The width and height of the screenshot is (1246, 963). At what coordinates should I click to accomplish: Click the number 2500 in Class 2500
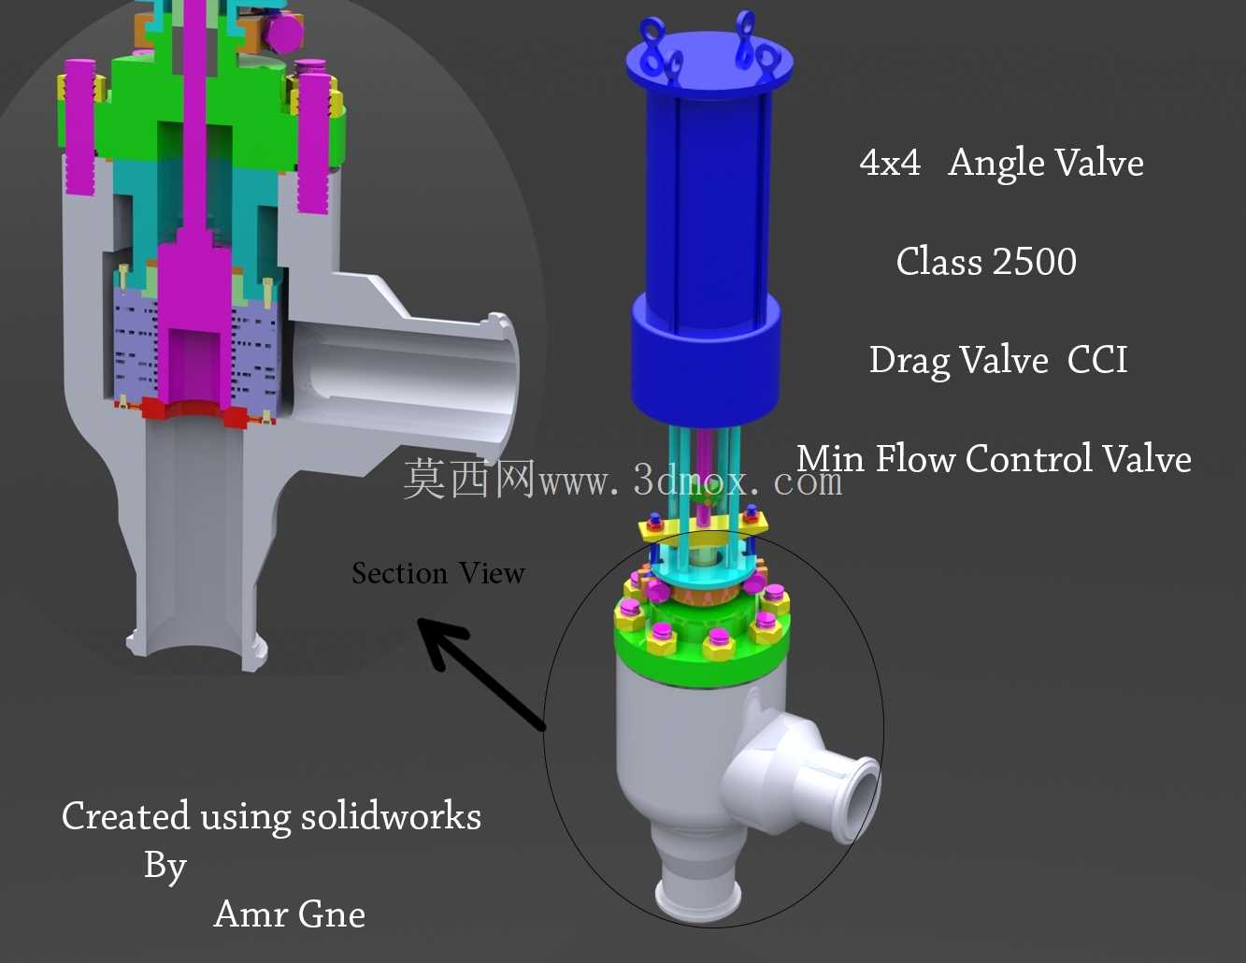tap(1034, 262)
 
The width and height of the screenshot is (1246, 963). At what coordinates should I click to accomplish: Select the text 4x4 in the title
tap(890, 163)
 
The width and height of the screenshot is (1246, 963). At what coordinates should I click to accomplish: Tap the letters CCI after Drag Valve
tap(1097, 360)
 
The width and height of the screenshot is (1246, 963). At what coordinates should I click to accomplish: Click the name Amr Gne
tap(290, 913)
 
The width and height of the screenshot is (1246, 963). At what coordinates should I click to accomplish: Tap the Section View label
tap(438, 573)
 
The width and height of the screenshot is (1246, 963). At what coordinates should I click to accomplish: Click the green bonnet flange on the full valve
tap(702, 653)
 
